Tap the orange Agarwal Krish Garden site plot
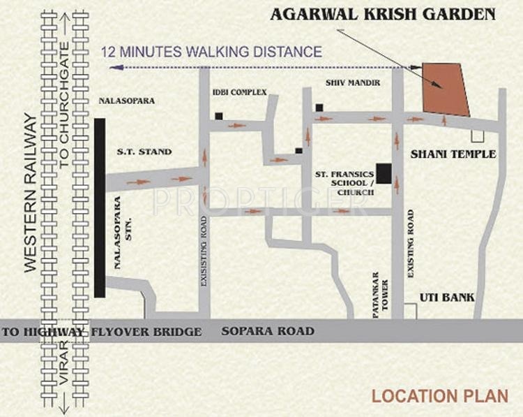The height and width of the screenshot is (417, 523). tap(446, 89)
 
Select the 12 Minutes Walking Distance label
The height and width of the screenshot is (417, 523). tap(212, 52)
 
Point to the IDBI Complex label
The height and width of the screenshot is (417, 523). tap(240, 92)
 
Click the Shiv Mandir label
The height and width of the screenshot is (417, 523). tap(353, 83)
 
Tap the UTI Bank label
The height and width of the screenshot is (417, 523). tap(447, 298)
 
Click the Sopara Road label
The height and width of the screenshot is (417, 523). tap(268, 331)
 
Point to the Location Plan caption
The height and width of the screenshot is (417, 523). tap(439, 395)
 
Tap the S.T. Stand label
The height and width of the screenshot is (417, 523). tap(144, 151)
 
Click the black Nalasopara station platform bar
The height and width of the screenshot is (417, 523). tap(100, 207)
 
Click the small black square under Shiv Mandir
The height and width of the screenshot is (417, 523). tap(319, 108)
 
